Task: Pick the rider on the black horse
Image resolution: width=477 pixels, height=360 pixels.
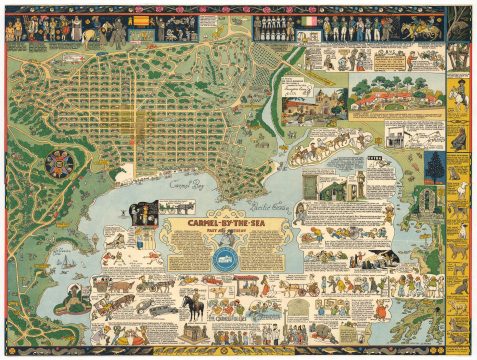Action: (x=189, y=305)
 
